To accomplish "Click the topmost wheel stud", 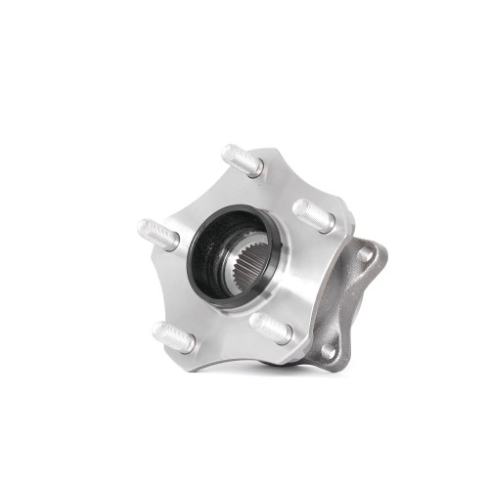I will point(243,159).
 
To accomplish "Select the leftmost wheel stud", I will point(158,235).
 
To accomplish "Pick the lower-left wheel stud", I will point(174,336).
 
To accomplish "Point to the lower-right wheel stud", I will point(270,328).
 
